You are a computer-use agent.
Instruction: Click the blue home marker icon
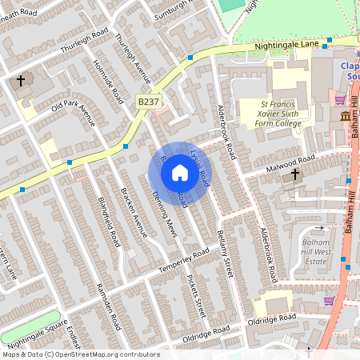[x=180, y=173]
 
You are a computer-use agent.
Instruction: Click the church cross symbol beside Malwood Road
[x=294, y=174]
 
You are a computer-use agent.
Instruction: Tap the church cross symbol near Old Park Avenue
[x=21, y=81]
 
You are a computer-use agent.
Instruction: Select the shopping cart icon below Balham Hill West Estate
[x=328, y=301]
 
